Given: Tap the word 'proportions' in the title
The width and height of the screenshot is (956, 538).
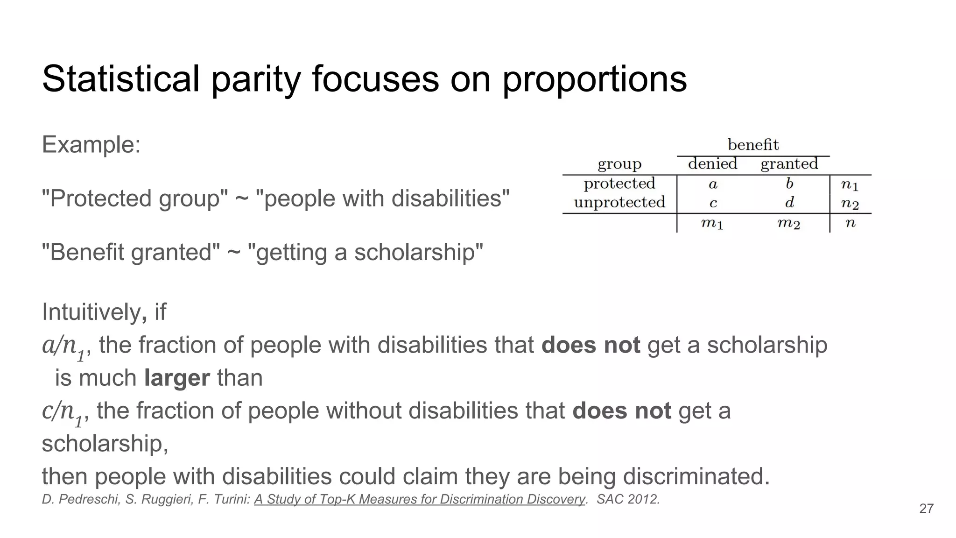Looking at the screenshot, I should pyautogui.click(x=594, y=79).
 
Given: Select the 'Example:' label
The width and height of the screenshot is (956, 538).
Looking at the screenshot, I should pyautogui.click(x=91, y=144).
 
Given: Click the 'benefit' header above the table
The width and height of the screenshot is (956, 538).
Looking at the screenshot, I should pyautogui.click(x=753, y=145).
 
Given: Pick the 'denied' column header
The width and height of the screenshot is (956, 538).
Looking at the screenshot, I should pyautogui.click(x=712, y=164).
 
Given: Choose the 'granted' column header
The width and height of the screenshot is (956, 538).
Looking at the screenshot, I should pyautogui.click(x=789, y=164).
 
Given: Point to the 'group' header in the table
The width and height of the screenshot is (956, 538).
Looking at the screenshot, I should pyautogui.click(x=619, y=164).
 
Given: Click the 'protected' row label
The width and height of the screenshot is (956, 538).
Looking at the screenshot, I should pyautogui.click(x=619, y=184).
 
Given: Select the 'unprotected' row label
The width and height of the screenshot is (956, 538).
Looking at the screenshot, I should pyautogui.click(x=619, y=202).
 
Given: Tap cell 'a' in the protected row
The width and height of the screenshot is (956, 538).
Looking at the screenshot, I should pyautogui.click(x=713, y=184).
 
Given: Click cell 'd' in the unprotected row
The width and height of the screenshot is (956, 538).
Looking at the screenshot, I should pyautogui.click(x=789, y=203).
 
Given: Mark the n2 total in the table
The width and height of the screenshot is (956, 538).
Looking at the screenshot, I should pyautogui.click(x=850, y=204).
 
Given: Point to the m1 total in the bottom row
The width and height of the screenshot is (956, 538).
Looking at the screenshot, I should pyautogui.click(x=712, y=224).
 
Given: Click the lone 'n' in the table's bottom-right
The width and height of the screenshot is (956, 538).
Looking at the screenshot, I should pyautogui.click(x=850, y=223).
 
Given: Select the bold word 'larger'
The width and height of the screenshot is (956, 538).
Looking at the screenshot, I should pyautogui.click(x=177, y=378).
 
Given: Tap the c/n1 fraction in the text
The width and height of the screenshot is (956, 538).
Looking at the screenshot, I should pyautogui.click(x=63, y=412).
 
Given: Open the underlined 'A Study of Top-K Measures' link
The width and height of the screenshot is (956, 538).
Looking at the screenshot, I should pyautogui.click(x=419, y=499).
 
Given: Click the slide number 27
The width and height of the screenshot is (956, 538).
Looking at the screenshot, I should pyautogui.click(x=926, y=509).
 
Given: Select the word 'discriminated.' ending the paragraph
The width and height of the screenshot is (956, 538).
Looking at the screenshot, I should pyautogui.click(x=696, y=476).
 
